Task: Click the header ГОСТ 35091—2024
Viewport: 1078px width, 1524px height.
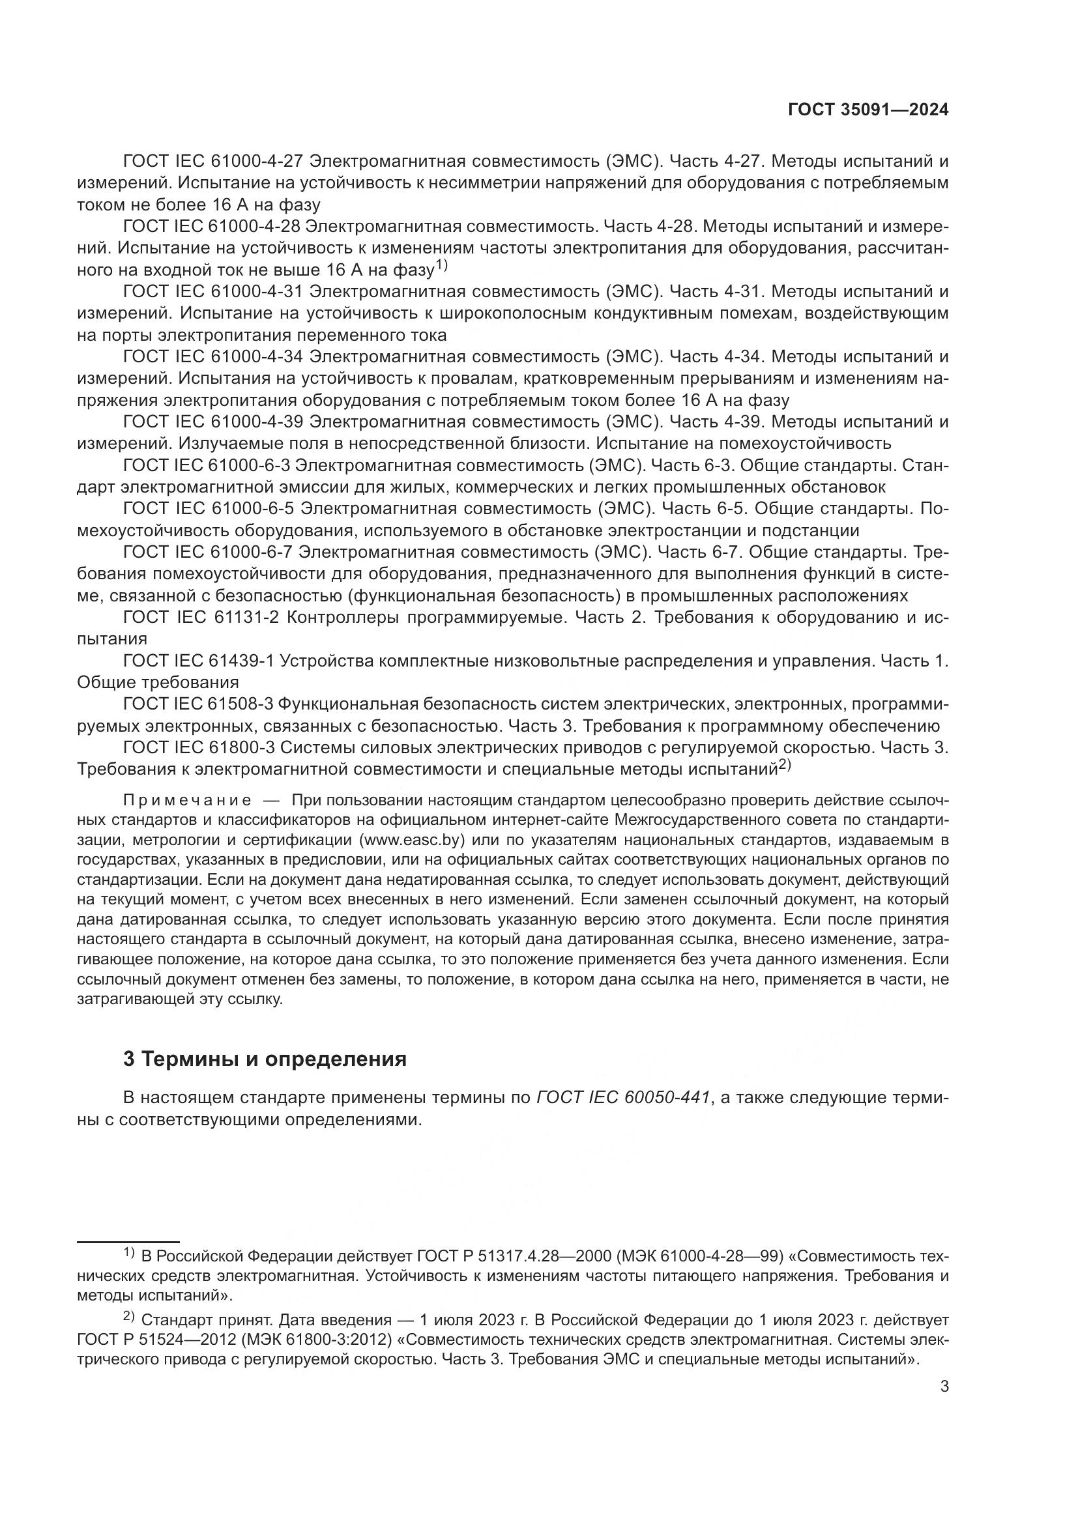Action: (868, 110)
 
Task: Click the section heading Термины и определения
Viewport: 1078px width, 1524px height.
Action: (265, 1058)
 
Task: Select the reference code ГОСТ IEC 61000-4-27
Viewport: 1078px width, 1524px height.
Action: (213, 161)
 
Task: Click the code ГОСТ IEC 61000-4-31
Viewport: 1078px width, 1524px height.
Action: (213, 291)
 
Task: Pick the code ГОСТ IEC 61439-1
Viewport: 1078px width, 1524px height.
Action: (199, 661)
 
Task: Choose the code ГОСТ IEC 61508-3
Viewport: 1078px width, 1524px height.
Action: (199, 704)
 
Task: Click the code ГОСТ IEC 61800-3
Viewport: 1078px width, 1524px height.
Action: (199, 748)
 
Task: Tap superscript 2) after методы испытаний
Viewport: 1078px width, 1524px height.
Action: (785, 766)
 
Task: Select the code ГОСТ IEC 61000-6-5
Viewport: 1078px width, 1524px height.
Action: (209, 509)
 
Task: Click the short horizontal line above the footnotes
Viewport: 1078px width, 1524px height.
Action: (128, 1241)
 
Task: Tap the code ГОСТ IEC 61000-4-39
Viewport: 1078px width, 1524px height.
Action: (213, 422)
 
